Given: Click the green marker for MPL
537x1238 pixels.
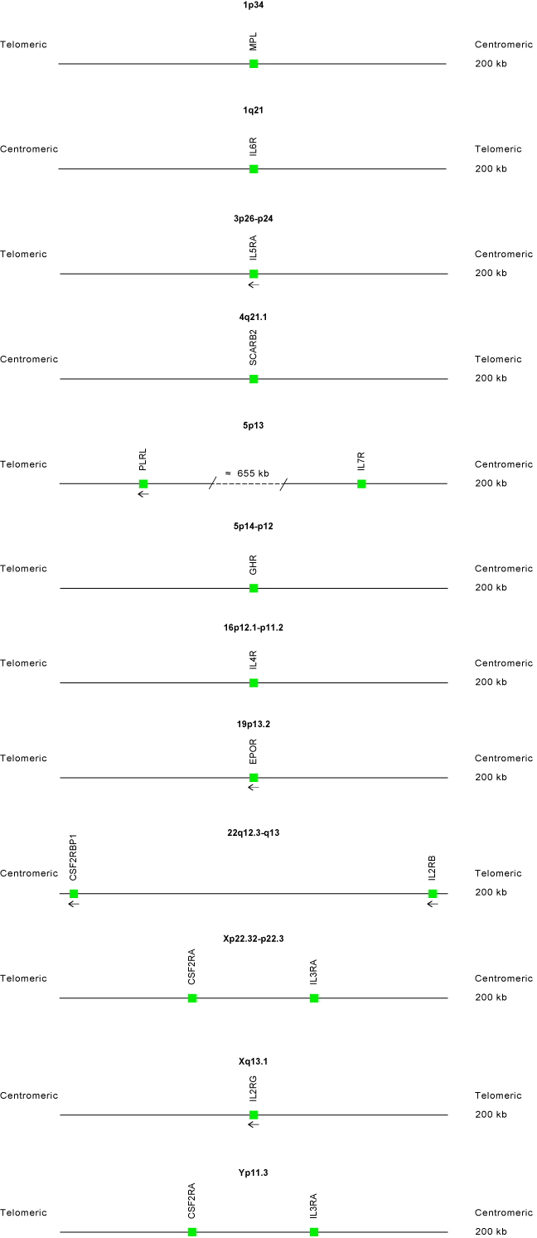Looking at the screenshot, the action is [x=254, y=64].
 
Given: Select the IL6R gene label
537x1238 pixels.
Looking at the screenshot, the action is [x=253, y=147].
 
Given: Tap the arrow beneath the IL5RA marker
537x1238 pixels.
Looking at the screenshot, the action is [x=254, y=284].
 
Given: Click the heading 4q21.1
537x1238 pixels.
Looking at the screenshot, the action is [x=253, y=318].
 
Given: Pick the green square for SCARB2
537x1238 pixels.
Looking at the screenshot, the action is [x=254, y=379].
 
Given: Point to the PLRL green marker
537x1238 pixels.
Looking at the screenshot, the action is [x=143, y=484].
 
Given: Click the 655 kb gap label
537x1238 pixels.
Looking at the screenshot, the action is [x=248, y=473].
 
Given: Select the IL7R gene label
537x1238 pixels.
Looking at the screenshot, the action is [x=361, y=462].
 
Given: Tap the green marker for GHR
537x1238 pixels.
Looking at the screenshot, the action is [x=254, y=589].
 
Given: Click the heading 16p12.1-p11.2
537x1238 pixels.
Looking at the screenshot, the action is [x=253, y=628].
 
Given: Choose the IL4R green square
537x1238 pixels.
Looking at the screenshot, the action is [x=254, y=683].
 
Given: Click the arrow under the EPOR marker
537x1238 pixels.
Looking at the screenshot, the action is [x=254, y=787].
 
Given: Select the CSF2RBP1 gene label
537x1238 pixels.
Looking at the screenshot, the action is [x=73, y=857].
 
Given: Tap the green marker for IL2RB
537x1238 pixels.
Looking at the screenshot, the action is [x=433, y=894].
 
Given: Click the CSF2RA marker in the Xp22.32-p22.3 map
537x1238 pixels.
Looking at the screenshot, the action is [x=192, y=998].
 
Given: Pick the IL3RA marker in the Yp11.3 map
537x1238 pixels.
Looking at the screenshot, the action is [x=314, y=1232].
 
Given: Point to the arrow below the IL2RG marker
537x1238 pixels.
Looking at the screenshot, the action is [x=254, y=1124].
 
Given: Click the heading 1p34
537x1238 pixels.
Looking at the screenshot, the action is [x=253, y=5].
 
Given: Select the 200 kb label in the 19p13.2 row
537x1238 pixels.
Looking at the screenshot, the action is [x=491, y=777].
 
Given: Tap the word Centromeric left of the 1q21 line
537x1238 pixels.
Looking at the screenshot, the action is [x=29, y=149].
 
